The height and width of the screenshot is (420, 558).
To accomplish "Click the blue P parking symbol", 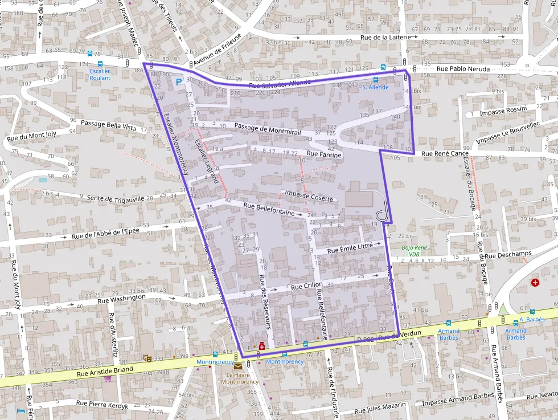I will click(x=179, y=83).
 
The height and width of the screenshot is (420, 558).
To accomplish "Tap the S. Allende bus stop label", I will click(x=375, y=87).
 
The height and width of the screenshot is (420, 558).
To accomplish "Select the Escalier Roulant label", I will click(x=100, y=75).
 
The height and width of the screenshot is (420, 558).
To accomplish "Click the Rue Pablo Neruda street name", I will click(x=463, y=68).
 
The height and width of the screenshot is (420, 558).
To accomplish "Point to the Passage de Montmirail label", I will click(x=267, y=128).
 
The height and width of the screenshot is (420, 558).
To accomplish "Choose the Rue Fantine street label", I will click(x=324, y=154).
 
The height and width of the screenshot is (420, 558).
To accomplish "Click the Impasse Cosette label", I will click(x=309, y=195).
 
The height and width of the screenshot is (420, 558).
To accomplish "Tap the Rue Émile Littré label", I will click(x=350, y=248).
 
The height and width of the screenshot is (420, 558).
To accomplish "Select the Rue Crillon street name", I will click(x=307, y=286).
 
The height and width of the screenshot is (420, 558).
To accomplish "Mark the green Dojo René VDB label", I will click(x=414, y=251).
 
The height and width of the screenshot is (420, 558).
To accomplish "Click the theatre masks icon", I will click(x=147, y=358).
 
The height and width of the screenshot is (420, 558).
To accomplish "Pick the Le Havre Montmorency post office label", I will click(x=239, y=378).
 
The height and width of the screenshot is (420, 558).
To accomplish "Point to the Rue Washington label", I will click(x=121, y=299).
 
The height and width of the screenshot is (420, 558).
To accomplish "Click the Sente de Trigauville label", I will click(x=116, y=198).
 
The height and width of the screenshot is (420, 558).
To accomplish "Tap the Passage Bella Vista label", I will click(x=108, y=125).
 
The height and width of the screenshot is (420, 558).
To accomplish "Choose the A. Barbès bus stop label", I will click(x=532, y=319).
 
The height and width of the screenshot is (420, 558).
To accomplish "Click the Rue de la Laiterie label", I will click(x=385, y=38).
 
